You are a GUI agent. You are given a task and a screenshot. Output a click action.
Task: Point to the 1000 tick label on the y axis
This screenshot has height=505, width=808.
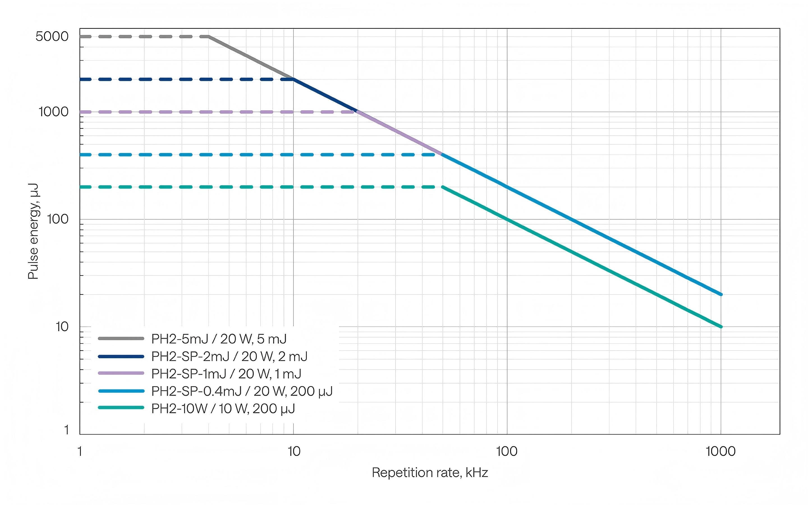[53, 112]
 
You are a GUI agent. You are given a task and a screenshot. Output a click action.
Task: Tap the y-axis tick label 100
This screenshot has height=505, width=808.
[58, 219]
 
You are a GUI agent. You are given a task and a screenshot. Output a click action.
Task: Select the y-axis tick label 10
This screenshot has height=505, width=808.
[62, 327]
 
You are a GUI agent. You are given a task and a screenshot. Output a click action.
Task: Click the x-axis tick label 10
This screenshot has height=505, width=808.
[294, 451]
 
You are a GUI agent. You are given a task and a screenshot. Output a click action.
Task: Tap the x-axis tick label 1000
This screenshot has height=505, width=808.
[720, 451]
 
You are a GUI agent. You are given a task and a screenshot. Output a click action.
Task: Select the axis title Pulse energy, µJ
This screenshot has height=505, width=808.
[33, 231]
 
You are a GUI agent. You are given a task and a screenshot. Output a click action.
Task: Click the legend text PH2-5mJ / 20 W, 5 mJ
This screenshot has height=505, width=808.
[219, 339]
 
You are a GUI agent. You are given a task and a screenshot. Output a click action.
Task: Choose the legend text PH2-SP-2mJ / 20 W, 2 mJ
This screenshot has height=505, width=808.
[229, 356]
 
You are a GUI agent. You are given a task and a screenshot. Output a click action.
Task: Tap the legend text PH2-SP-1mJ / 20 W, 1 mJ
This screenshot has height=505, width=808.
[226, 374]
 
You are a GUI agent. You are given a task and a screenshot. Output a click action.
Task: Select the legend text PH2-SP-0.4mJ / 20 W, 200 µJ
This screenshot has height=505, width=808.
[242, 391]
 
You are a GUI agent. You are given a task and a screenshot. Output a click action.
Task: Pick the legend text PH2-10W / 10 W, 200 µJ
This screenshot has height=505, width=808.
[223, 408]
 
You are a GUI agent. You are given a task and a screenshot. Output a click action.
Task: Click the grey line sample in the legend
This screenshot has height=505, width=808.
[121, 339]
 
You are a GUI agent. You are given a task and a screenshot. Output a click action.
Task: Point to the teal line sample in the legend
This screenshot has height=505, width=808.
[121, 407]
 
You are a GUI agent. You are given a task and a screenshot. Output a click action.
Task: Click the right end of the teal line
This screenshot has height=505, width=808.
[720, 326]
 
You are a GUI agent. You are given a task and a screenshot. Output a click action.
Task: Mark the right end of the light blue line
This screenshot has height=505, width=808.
[720, 294]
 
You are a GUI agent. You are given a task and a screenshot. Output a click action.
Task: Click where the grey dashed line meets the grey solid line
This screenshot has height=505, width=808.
[209, 36]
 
